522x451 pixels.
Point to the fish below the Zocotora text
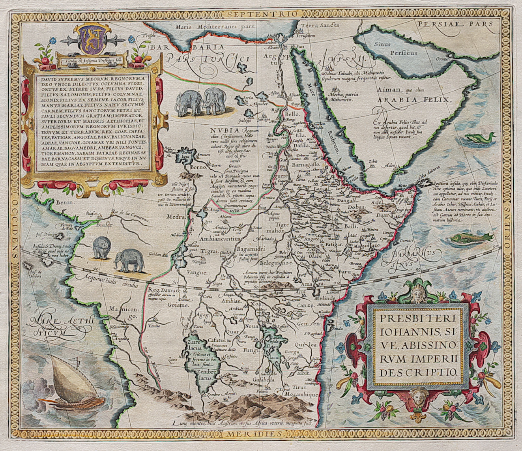471,238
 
